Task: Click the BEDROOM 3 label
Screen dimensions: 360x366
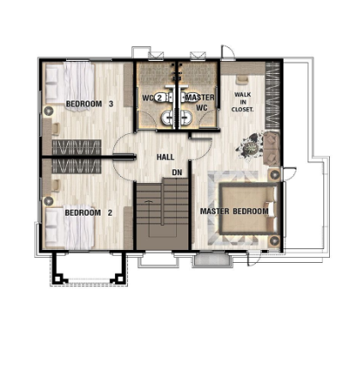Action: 89,104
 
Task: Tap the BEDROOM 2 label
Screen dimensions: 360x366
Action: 88,213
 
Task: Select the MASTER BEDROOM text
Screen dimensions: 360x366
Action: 235,211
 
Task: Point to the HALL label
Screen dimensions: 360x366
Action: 165,157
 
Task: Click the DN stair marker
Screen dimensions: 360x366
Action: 177,173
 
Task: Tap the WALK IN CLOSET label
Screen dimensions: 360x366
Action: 242,101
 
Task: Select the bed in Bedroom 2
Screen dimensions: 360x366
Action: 70,226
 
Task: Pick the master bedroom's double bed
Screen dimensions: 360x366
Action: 248,209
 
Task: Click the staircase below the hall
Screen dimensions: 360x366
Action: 162,214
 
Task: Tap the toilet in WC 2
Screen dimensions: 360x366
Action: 162,97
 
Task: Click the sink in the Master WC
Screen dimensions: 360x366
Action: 186,118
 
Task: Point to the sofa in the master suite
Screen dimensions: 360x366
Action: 272,148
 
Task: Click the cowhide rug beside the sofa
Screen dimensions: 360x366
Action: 248,148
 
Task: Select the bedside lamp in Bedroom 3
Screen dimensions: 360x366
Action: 48,111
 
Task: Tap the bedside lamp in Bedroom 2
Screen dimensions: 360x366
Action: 48,201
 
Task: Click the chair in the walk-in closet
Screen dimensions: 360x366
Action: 242,79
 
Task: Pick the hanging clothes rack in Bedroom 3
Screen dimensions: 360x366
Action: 76,147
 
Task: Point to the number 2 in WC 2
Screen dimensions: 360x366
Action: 160,98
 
